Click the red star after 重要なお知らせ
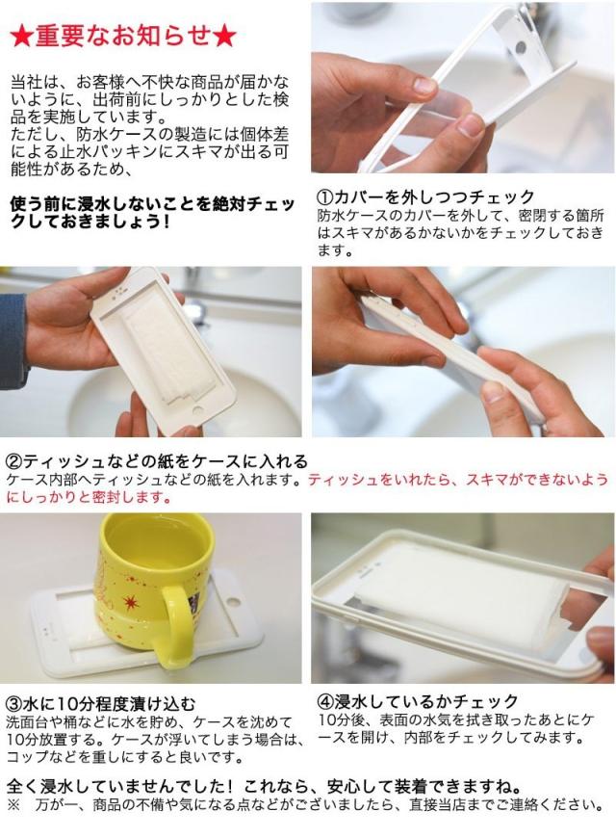[x=224, y=37]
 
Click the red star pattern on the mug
[x=130, y=602]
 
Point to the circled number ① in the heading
[x=325, y=197]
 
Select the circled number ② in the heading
[x=14, y=460]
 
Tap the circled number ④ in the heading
[x=326, y=701]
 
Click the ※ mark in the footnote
[x=13, y=804]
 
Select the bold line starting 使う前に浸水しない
[x=152, y=213]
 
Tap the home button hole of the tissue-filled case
[x=198, y=412]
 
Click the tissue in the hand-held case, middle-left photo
[x=165, y=353]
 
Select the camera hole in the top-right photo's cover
[x=521, y=47]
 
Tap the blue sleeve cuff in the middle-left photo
[x=12, y=341]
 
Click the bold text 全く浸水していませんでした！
[x=119, y=787]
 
